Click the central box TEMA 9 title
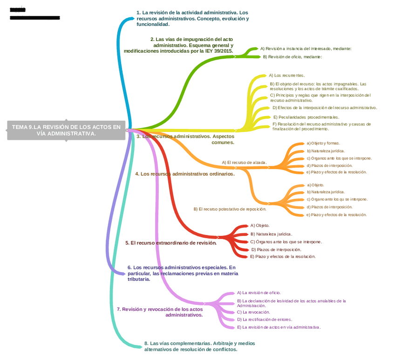(x=66, y=130)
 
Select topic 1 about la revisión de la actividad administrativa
(x=192, y=18)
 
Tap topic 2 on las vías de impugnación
(x=179, y=45)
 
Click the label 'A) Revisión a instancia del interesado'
(x=306, y=48)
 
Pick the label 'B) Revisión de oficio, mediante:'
(x=293, y=57)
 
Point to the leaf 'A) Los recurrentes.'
(x=287, y=75)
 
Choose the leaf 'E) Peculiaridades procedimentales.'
(x=306, y=117)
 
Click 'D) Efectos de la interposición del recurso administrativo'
(x=325, y=108)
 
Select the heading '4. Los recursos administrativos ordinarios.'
(x=185, y=174)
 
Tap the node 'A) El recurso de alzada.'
(x=244, y=163)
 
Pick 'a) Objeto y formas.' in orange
(x=323, y=143)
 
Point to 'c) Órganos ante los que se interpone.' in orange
(x=339, y=158)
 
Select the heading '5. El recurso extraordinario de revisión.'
(x=171, y=243)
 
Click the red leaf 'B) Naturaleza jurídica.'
(x=271, y=234)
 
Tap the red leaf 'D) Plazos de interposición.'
(x=276, y=249)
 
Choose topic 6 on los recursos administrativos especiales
(x=182, y=273)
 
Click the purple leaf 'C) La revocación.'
(x=253, y=312)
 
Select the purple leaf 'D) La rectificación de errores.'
(x=265, y=320)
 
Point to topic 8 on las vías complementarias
(x=199, y=346)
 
